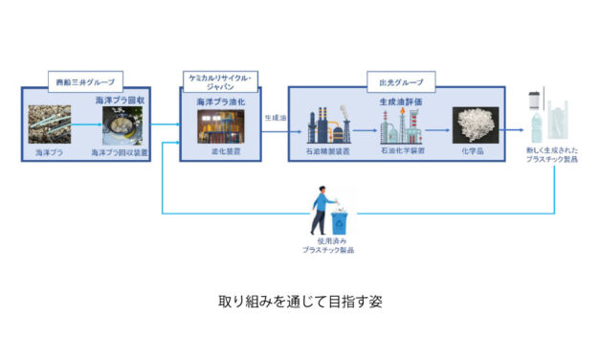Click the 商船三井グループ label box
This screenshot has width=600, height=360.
(83, 82)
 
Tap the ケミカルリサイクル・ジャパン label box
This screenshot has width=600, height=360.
(221, 79)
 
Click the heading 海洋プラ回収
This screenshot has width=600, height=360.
(118, 100)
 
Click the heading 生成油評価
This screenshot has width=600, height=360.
(402, 99)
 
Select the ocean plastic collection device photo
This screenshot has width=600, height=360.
(122, 125)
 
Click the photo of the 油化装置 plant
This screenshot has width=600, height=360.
(221, 126)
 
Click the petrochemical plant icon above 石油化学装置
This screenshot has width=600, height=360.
(401, 124)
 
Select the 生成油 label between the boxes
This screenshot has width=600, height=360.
(276, 117)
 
